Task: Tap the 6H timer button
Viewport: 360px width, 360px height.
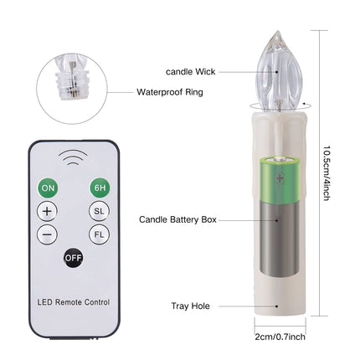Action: (100, 188)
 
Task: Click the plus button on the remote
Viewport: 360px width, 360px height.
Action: (47, 211)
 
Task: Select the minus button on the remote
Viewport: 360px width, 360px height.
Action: (47, 234)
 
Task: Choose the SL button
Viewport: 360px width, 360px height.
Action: (99, 211)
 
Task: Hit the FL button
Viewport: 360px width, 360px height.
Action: (99, 234)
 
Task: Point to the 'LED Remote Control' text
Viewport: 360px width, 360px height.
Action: (74, 302)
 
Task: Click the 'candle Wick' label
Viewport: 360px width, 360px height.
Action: (191, 72)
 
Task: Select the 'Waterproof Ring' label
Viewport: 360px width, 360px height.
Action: (170, 92)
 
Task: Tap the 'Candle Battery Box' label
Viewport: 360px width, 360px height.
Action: (177, 219)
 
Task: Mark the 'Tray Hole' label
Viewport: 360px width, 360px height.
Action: (190, 306)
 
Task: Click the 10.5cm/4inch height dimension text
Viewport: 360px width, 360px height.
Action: (327, 173)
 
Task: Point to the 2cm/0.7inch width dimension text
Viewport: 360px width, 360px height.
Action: (280, 337)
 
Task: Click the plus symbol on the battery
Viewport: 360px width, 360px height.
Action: (280, 177)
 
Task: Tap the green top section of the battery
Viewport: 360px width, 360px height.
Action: (280, 179)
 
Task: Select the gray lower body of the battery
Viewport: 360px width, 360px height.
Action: (280, 239)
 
